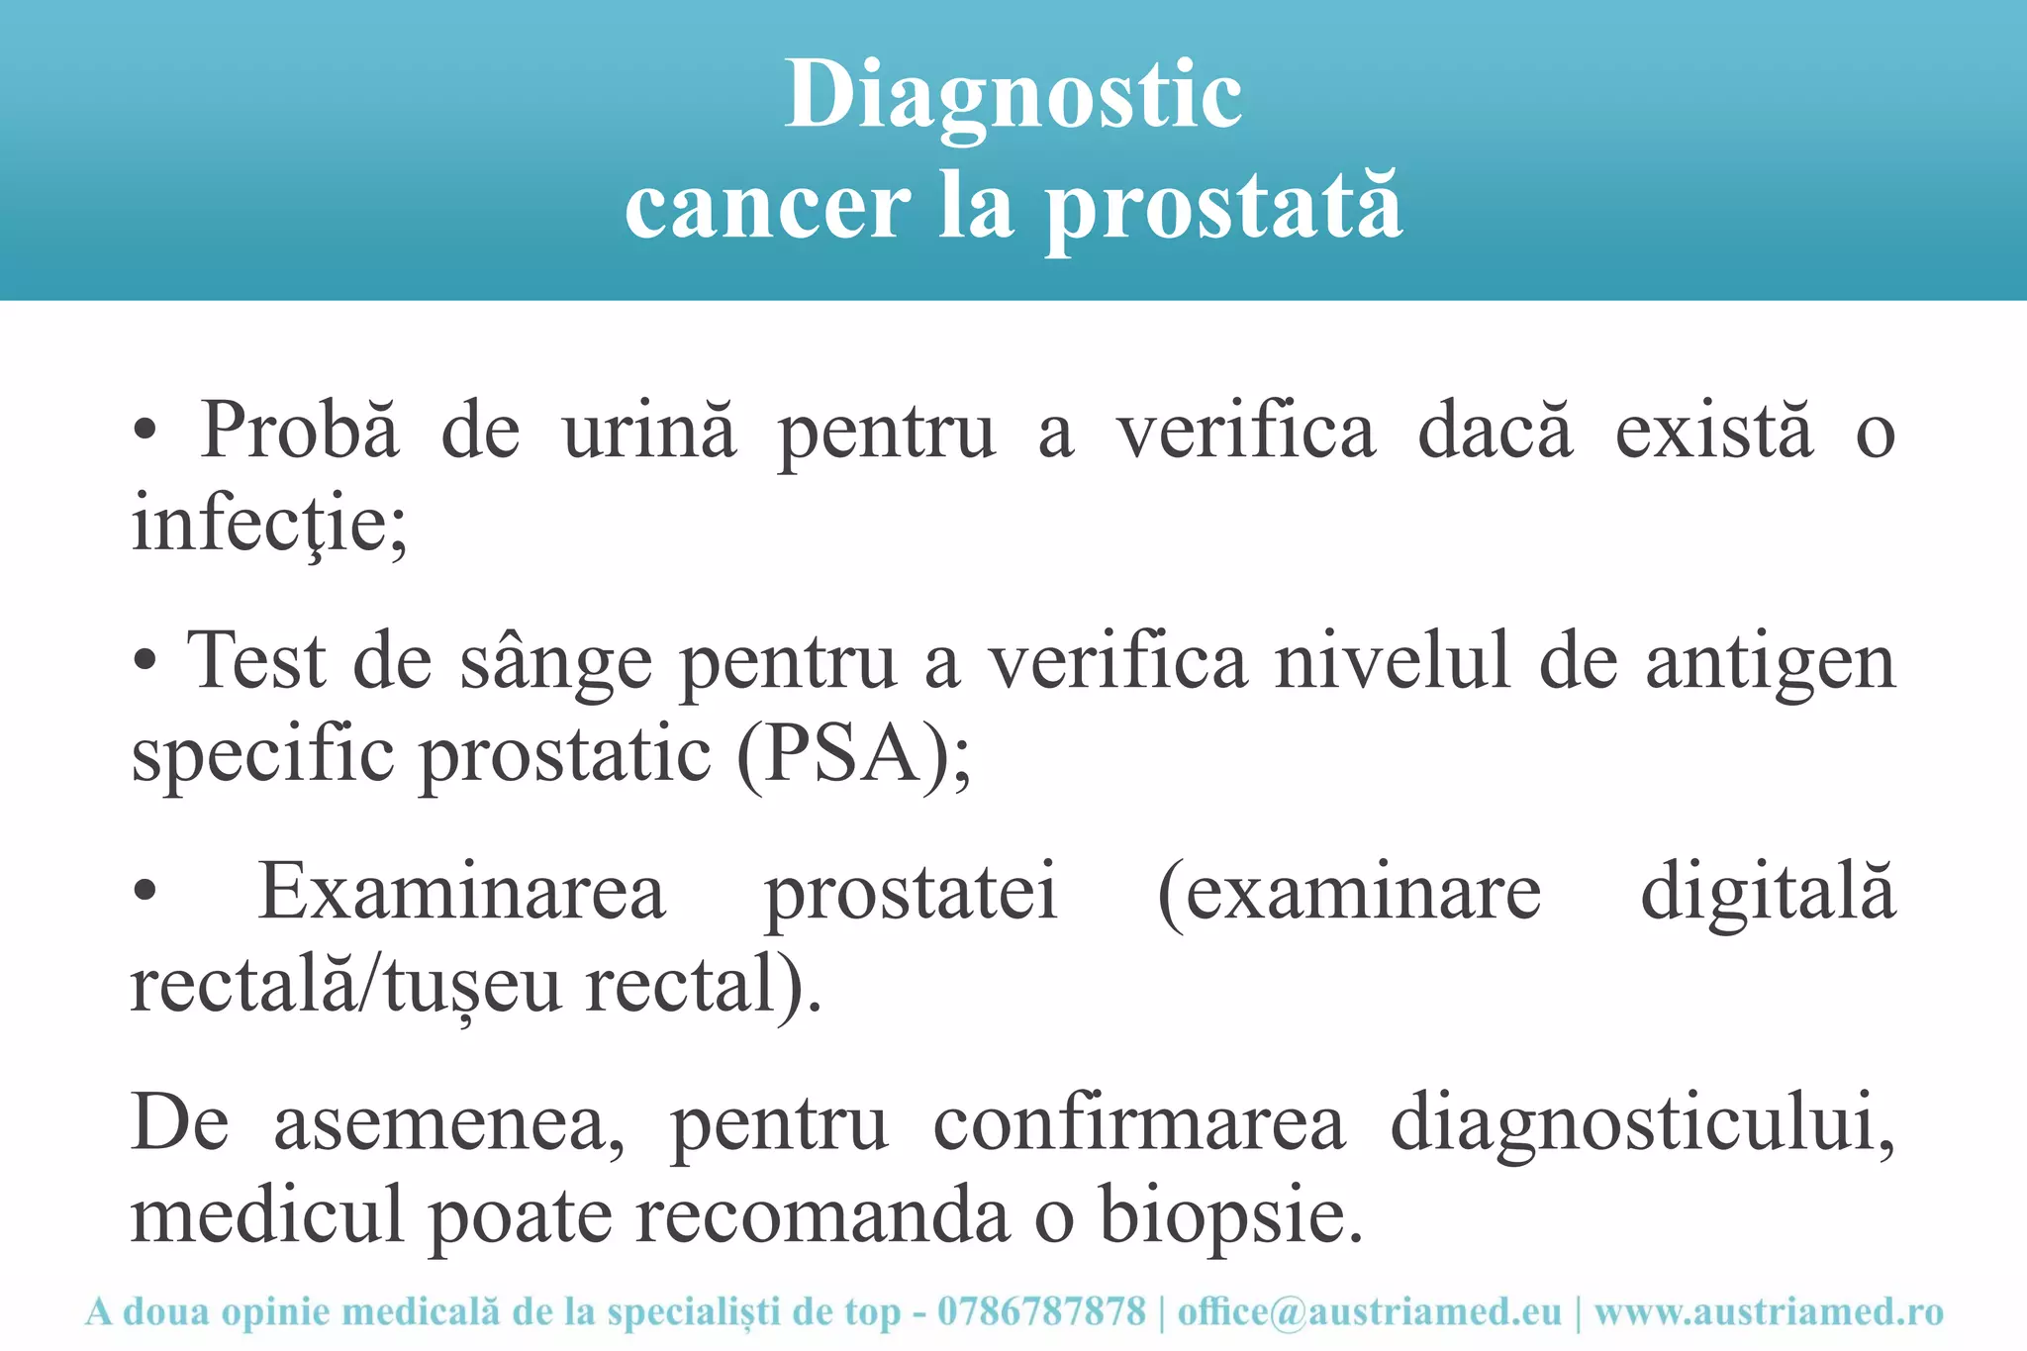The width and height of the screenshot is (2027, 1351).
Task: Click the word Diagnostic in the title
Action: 1013,96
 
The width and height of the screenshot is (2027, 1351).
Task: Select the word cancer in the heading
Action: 768,208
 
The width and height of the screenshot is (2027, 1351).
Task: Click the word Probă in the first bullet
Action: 300,432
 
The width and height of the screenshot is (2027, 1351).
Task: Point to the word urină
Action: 649,432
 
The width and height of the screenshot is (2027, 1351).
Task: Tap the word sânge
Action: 555,661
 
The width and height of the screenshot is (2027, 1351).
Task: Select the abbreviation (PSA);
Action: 853,754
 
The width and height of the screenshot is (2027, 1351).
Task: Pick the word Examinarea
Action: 461,891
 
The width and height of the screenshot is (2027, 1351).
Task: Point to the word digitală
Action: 1768,891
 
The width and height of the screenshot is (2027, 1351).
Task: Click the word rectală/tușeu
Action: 345,986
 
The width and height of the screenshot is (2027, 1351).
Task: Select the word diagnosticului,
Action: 1643,1124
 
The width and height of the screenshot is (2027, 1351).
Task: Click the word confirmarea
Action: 1139,1124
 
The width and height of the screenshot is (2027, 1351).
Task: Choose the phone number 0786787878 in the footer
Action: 1041,1312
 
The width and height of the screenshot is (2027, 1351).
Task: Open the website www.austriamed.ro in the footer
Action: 1769,1312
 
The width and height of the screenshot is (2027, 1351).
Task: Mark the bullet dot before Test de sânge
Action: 145,661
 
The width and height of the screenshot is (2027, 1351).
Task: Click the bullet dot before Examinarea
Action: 145,891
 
